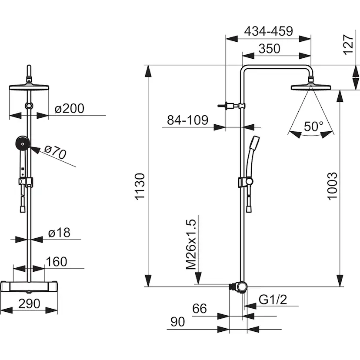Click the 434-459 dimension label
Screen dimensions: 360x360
268,31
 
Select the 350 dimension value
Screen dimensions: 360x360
269,49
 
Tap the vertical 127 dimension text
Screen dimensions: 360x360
348,44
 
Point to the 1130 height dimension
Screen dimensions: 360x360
140,187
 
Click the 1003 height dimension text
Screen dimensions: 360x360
333,186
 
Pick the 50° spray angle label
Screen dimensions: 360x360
313,126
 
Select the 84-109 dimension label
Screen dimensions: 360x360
187,120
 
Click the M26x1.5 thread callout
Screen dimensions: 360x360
191,244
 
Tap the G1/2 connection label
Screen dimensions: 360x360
273,300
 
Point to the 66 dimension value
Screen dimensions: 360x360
200,309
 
